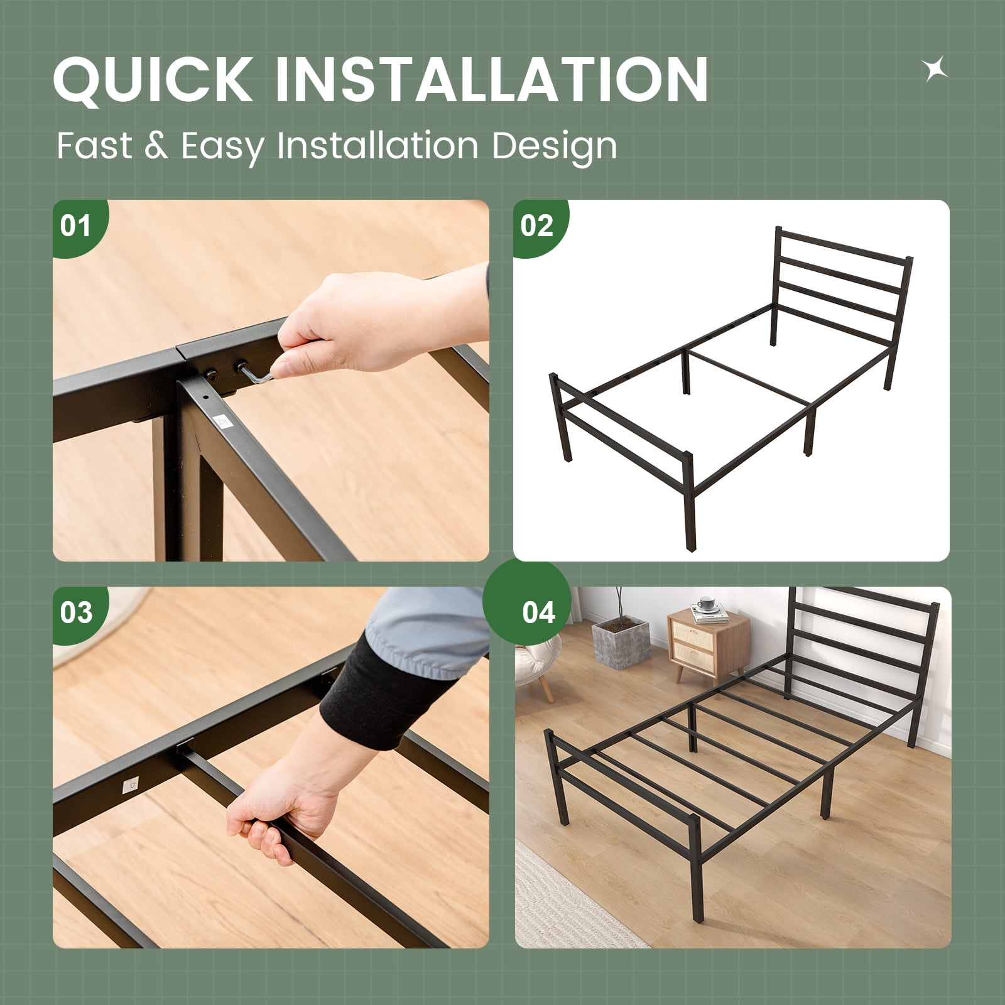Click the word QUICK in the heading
click(153, 79)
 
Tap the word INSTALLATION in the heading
click(492, 79)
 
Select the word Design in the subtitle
click(554, 147)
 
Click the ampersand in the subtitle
click(156, 146)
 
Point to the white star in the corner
click(935, 69)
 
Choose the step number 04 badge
click(527, 604)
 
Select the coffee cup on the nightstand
click(707, 604)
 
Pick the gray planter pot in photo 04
click(621, 642)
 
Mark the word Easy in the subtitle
click(223, 147)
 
